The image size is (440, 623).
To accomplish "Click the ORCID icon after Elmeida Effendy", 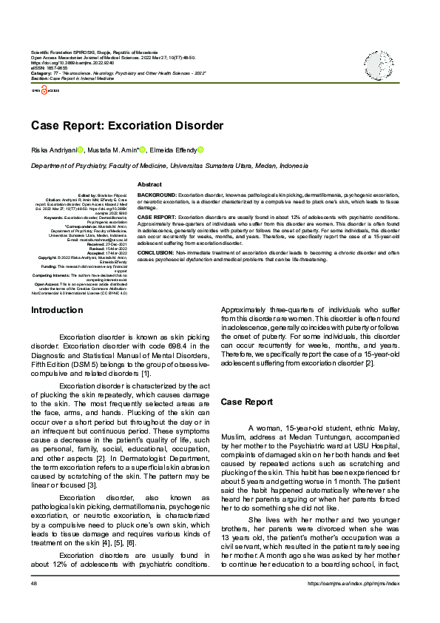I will tap(200, 149).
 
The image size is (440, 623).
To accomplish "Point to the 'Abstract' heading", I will tap(149, 183).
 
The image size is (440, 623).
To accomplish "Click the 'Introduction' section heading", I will tap(57, 310).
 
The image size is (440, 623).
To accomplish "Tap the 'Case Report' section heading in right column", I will tap(246, 402).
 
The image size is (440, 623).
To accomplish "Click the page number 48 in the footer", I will tap(34, 605).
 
